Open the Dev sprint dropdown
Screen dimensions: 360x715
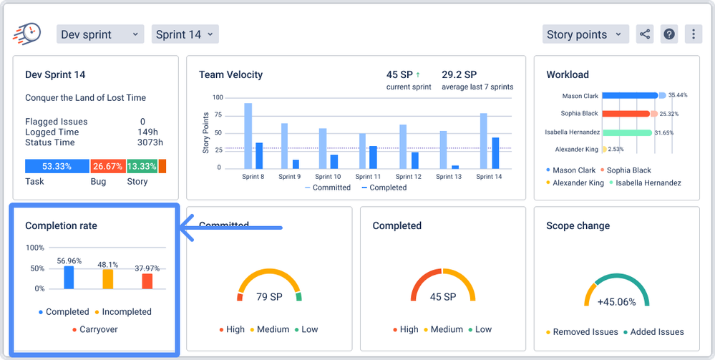pyautogui.click(x=99, y=34)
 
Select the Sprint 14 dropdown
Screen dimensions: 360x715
pyautogui.click(x=185, y=34)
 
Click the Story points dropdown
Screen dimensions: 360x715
pyautogui.click(x=585, y=34)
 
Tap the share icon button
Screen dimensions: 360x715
pyautogui.click(x=645, y=34)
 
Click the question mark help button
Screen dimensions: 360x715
pyautogui.click(x=668, y=34)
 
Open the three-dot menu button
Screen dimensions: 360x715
pyautogui.click(x=692, y=34)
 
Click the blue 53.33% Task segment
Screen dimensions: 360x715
pyautogui.click(x=57, y=166)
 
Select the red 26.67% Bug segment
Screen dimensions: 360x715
pyautogui.click(x=107, y=166)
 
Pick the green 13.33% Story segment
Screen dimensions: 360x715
pyautogui.click(x=142, y=166)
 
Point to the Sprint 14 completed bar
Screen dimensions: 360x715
pyautogui.click(x=495, y=152)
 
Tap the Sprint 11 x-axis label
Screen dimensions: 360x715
pyautogui.click(x=367, y=176)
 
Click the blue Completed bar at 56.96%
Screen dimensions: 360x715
pyautogui.click(x=69, y=277)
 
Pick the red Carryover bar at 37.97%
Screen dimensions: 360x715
pyautogui.click(x=147, y=281)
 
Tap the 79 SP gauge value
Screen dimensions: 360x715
pyautogui.click(x=269, y=297)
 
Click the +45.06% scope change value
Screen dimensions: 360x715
pyautogui.click(x=616, y=302)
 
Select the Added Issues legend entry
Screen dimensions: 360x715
pyautogui.click(x=653, y=332)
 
